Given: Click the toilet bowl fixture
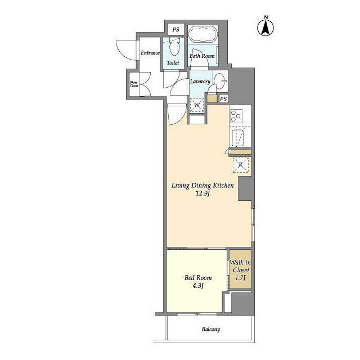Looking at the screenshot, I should (x=174, y=46).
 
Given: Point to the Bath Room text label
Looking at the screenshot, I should (x=202, y=56).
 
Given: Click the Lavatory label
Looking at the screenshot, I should (x=200, y=82).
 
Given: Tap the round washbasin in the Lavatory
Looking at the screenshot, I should (x=220, y=79).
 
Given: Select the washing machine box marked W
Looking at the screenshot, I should (x=197, y=105).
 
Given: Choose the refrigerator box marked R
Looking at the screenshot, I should (x=241, y=165).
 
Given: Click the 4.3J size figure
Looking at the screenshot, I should (x=197, y=286).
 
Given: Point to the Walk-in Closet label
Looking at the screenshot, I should (x=240, y=266).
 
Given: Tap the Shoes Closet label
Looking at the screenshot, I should (x=134, y=84).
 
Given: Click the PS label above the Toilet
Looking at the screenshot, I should (x=175, y=29).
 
